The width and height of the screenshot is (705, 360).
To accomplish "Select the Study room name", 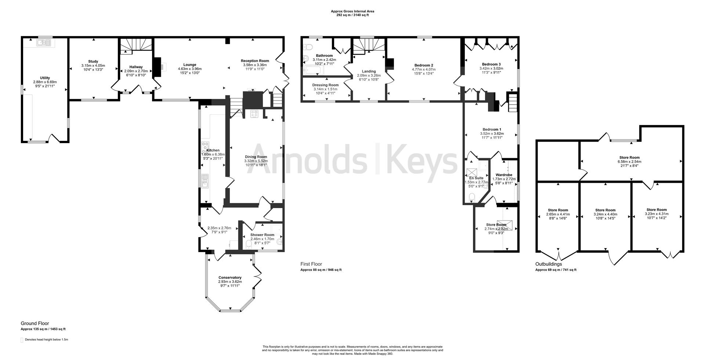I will pyautogui.click(x=93, y=61).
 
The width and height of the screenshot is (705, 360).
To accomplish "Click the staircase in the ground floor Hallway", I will pyautogui.click(x=135, y=45).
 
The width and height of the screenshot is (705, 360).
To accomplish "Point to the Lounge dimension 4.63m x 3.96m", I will pyautogui.click(x=189, y=69).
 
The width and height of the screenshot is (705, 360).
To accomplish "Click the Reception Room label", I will pyautogui.click(x=254, y=61).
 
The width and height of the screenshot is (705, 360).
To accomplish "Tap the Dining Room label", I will pyautogui.click(x=256, y=157).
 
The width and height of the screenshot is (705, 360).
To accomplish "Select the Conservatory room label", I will pyautogui.click(x=230, y=277).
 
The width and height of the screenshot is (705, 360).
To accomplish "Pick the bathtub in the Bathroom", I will pyautogui.click(x=312, y=70).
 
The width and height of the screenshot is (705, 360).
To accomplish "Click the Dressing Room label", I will pyautogui.click(x=325, y=85).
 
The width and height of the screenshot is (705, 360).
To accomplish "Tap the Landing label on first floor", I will pyautogui.click(x=369, y=72).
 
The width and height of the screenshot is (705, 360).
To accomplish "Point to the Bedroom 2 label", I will pyautogui.click(x=424, y=65).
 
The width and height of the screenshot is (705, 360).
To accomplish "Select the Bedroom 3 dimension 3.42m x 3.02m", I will pyautogui.click(x=491, y=68).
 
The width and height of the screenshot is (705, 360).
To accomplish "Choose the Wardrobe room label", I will pyautogui.click(x=504, y=175).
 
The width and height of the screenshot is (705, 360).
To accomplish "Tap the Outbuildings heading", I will pyautogui.click(x=548, y=264).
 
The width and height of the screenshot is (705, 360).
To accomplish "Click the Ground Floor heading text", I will pyautogui.click(x=35, y=323).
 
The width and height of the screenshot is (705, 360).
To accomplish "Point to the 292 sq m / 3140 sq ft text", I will pyautogui.click(x=352, y=15).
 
